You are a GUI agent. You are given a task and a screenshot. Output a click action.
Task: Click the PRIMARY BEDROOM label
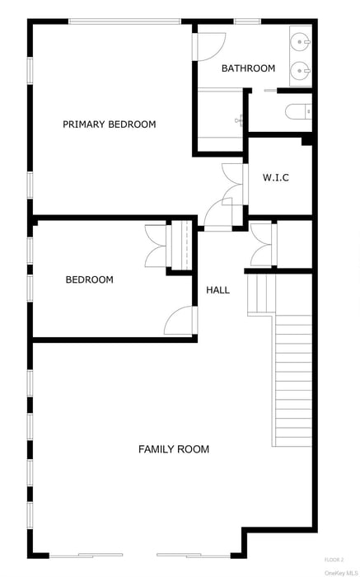(110, 124)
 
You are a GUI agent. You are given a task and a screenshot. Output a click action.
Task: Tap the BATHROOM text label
(248, 68)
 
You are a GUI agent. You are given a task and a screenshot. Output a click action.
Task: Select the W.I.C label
(276, 177)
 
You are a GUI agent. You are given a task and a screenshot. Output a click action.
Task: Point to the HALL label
(218, 290)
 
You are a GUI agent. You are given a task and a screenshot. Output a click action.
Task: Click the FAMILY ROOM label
(173, 449)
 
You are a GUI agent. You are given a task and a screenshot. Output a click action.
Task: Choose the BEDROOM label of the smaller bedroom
(89, 280)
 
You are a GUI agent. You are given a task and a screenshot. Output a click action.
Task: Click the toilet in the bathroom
(297, 112)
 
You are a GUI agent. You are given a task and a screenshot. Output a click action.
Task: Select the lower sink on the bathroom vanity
(301, 69)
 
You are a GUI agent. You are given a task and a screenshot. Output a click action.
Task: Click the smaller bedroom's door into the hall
(181, 321)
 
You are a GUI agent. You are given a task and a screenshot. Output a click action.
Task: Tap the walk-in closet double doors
(234, 183)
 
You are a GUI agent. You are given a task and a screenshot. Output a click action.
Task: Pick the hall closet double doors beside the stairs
(262, 245)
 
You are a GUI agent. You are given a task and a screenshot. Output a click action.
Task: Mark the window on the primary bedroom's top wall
(124, 21)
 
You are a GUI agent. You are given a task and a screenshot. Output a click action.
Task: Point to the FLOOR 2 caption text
(334, 560)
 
